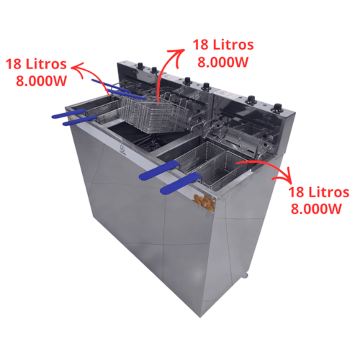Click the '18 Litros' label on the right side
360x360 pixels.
click(x=318, y=192)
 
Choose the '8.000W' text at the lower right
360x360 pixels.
click(x=315, y=209)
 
